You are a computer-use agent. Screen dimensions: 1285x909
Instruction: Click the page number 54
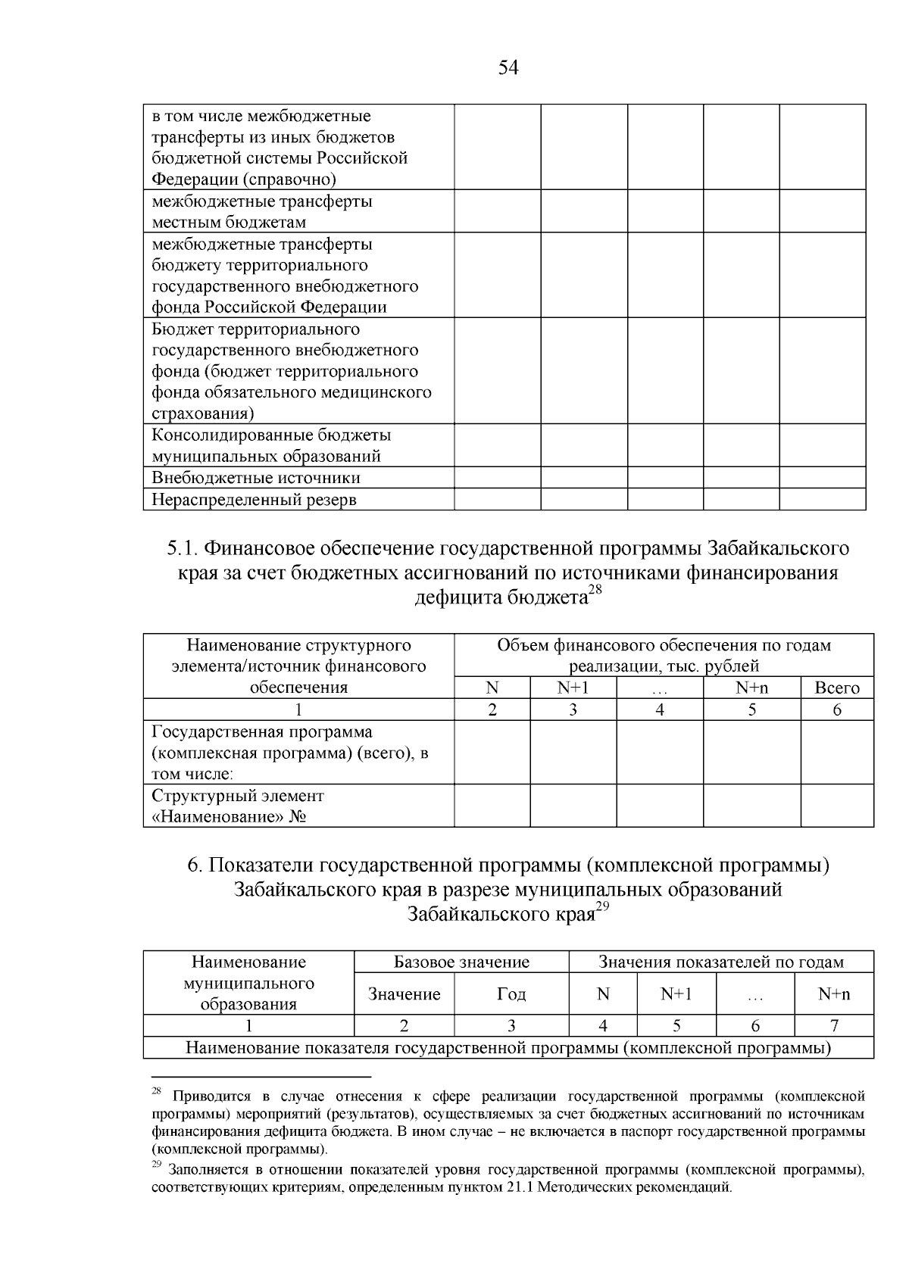(508, 68)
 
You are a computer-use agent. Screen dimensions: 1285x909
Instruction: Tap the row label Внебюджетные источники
(256, 478)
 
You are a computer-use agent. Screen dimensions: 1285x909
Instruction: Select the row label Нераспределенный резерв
(254, 500)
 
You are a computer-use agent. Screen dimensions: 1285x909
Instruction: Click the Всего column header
(836, 688)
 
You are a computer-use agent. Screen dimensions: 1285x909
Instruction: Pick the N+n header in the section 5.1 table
(751, 688)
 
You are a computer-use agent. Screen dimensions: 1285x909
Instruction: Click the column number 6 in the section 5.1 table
(836, 710)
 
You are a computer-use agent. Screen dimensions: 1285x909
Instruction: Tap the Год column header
(511, 994)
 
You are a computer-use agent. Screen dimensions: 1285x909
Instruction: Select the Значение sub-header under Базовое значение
(404, 994)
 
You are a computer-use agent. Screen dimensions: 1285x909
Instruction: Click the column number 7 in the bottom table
(833, 1026)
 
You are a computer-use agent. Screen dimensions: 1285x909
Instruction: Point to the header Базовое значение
(461, 962)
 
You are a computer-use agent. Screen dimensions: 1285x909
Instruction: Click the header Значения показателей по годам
(721, 962)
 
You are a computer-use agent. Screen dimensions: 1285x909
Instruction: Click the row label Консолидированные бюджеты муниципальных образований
(271, 446)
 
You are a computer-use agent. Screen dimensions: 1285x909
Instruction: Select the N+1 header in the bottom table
(676, 994)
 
